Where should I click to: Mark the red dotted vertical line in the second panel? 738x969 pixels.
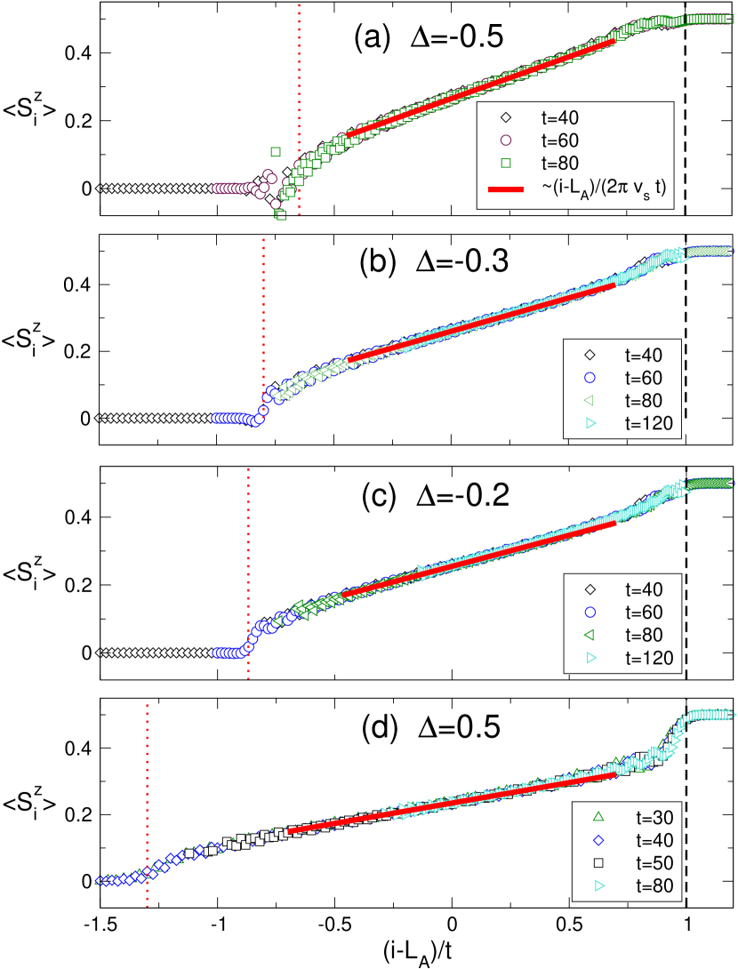[264, 311]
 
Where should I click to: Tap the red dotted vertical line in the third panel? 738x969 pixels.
[249, 551]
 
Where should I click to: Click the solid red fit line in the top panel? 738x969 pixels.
[480, 87]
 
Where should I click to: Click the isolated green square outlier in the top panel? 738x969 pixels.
[276, 151]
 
